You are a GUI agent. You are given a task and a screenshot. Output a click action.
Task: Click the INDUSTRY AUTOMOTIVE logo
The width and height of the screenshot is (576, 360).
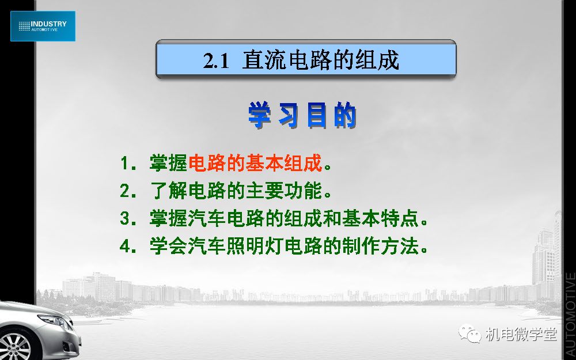[x=43, y=26]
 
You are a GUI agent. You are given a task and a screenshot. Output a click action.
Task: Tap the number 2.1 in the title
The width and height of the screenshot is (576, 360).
[x=216, y=61]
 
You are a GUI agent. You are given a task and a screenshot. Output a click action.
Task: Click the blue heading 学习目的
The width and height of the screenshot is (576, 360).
[x=302, y=115]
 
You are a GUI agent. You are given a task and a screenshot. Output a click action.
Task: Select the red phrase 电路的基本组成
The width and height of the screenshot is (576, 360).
[x=255, y=163]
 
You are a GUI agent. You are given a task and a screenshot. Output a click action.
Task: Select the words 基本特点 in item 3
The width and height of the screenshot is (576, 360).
[x=380, y=218]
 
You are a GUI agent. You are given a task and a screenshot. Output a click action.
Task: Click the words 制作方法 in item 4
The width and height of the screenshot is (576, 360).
[x=380, y=246]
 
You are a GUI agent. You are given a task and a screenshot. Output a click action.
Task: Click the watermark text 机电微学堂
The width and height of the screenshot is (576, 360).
[x=521, y=334]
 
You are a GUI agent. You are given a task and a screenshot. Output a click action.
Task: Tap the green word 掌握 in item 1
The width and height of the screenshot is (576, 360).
[x=169, y=163]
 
